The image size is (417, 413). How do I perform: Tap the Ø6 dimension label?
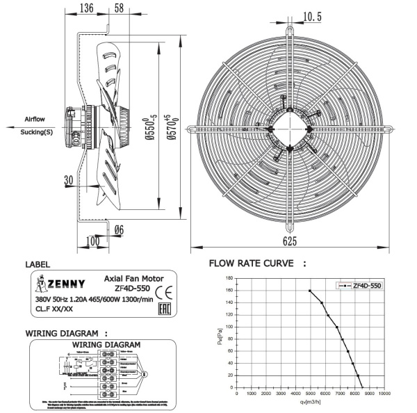tap(118, 230)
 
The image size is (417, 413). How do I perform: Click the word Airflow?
tap(35, 119)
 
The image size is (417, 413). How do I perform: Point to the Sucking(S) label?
tap(36, 132)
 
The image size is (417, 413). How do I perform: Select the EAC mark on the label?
tap(163, 307)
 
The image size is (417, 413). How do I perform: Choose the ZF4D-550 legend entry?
tap(367, 285)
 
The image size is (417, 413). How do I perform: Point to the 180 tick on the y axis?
tap(229, 279)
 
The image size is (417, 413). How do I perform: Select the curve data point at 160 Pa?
tap(309, 291)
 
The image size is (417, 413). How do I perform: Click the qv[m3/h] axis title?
tap(309, 403)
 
